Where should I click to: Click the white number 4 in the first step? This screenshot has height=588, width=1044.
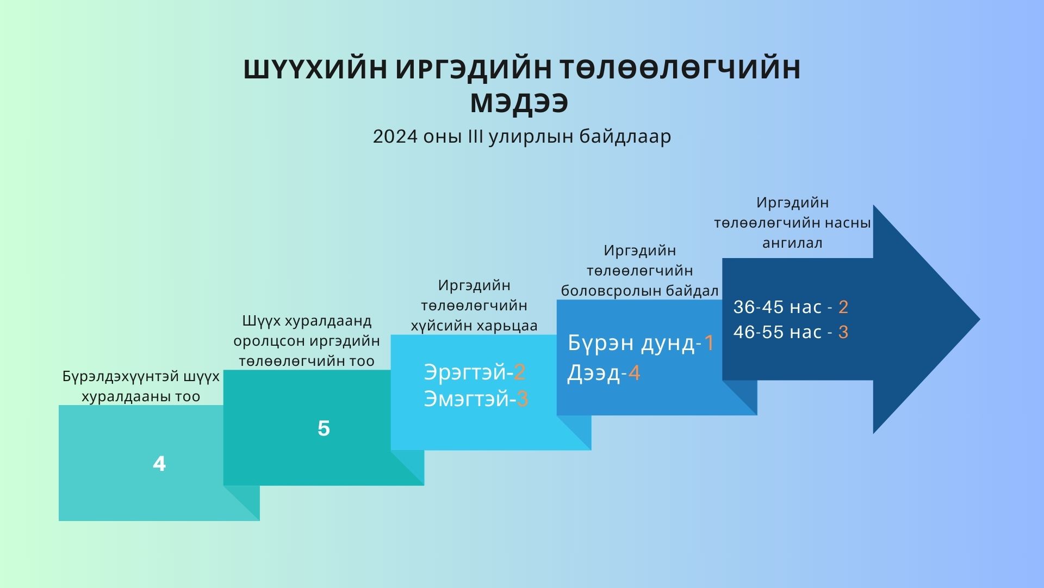[159, 464]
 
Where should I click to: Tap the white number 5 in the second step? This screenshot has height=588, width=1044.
[324, 428]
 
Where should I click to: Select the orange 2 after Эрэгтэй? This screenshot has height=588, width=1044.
[519, 372]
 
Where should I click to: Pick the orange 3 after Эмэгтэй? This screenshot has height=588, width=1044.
[522, 399]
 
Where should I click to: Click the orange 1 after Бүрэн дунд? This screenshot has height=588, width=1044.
[709, 343]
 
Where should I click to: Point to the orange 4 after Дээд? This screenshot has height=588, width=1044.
[634, 373]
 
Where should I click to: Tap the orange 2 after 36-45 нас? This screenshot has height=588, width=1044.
[843, 307]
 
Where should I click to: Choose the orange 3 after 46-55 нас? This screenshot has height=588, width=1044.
[843, 332]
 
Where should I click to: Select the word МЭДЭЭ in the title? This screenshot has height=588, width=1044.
[519, 103]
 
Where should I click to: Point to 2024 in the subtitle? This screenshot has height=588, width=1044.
[391, 137]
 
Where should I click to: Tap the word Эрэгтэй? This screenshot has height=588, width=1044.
[467, 372]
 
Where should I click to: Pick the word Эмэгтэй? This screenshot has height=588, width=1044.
[468, 400]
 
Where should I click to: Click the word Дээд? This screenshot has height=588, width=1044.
[594, 374]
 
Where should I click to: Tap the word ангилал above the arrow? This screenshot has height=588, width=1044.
[792, 243]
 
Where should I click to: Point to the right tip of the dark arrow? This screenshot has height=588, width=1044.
[980, 320]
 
